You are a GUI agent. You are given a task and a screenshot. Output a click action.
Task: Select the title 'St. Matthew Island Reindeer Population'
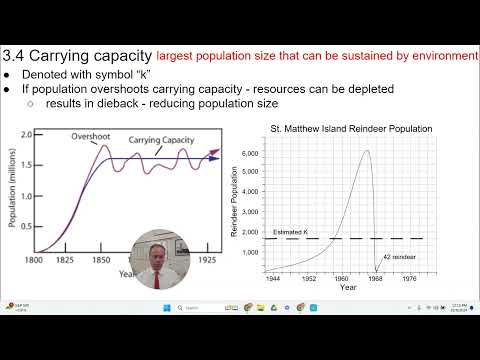pos(352,129)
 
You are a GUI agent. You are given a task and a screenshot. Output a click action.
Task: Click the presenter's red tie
pos(157,280)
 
